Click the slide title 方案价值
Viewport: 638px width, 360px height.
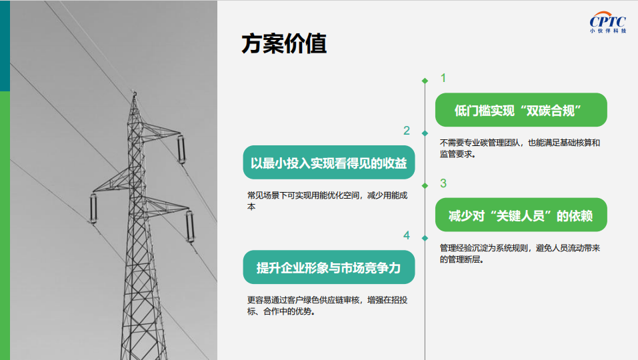(x=284, y=43)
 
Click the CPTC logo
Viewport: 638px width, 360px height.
(x=608, y=22)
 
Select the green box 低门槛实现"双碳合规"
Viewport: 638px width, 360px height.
(x=521, y=110)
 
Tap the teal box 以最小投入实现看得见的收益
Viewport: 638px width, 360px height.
(x=329, y=162)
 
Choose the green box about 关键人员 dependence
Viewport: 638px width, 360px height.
(x=521, y=215)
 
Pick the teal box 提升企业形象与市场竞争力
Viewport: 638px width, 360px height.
(x=329, y=267)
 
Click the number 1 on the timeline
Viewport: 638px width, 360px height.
(x=443, y=78)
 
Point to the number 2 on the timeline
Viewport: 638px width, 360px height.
(x=407, y=131)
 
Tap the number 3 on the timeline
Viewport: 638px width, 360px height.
(x=443, y=183)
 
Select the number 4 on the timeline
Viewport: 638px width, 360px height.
(x=407, y=235)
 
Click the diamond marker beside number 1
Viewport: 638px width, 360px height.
(x=425, y=81)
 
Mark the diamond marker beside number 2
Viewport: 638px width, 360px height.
(x=425, y=133)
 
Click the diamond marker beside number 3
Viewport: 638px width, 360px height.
(x=425, y=186)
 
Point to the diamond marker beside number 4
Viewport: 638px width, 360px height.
(x=425, y=239)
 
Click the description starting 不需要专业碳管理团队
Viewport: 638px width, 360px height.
(x=519, y=148)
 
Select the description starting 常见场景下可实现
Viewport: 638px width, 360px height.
(x=327, y=201)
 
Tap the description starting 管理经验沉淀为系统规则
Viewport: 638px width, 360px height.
(x=519, y=253)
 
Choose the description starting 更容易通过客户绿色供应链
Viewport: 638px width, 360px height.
(x=327, y=305)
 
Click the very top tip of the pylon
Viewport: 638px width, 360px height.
(x=134, y=93)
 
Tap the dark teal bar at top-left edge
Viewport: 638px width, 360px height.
(x=5, y=45)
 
